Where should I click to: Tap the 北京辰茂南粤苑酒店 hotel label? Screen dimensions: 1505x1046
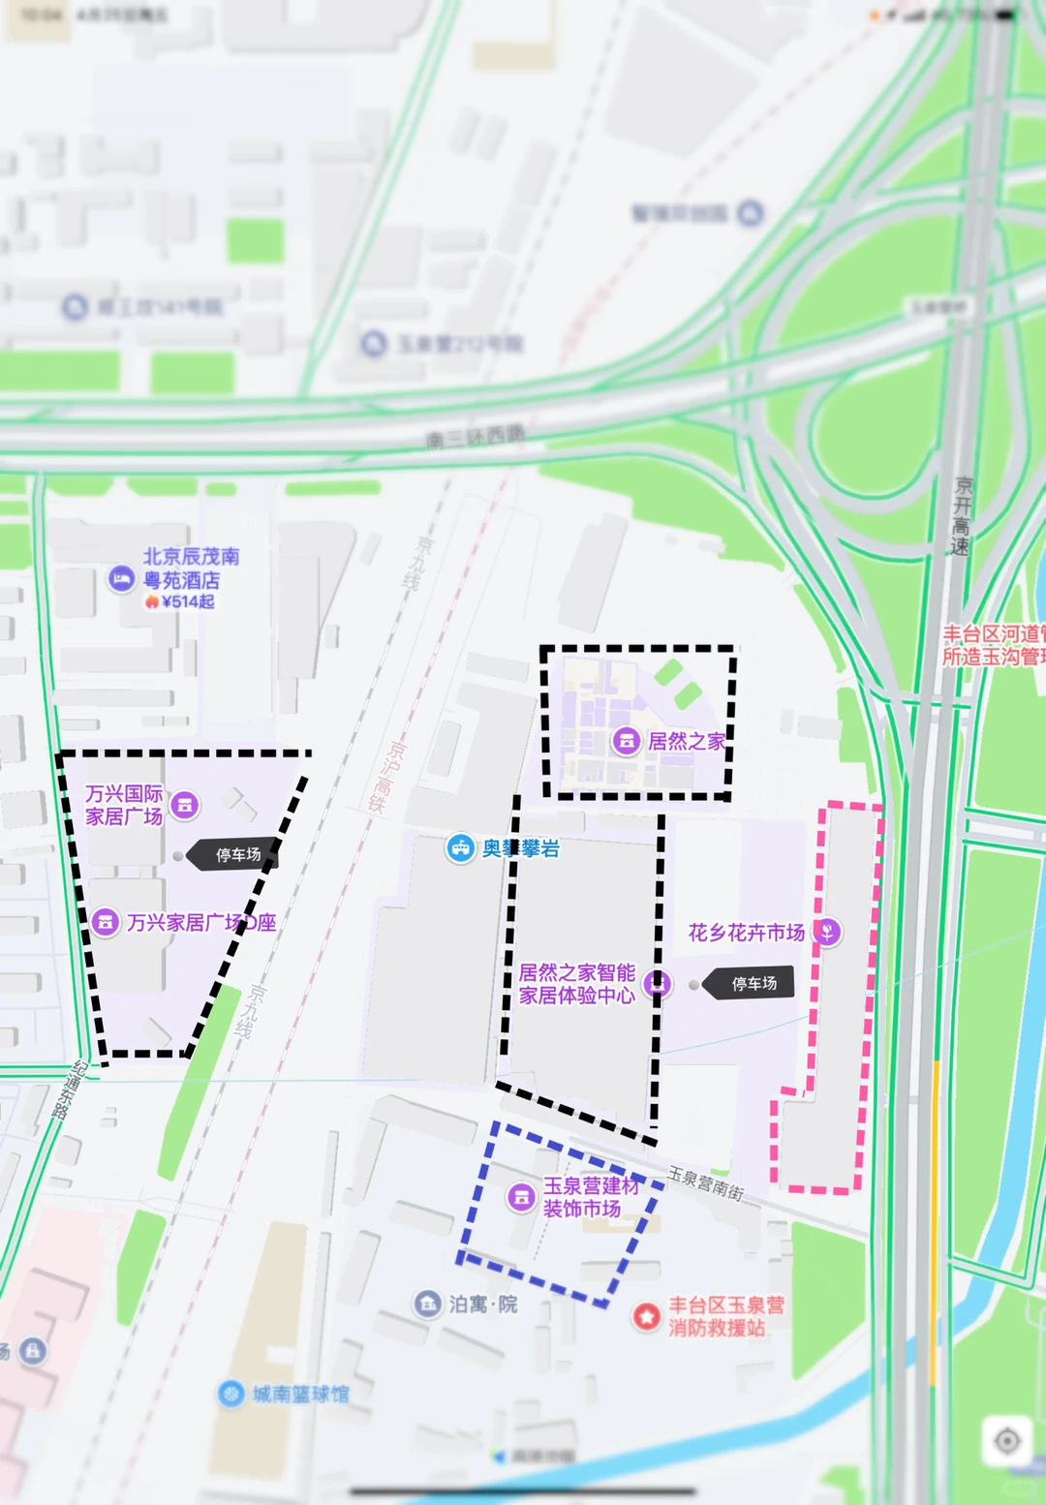[191, 568]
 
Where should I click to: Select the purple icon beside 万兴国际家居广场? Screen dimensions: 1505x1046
[185, 805]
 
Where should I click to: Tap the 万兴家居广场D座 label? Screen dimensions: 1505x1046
[201, 923]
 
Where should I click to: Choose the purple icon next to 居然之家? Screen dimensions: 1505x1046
[627, 742]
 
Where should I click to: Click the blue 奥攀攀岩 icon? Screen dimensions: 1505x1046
[460, 848]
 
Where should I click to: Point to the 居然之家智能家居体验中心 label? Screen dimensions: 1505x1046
[577, 984]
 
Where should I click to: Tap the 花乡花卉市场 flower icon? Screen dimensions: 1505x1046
[827, 932]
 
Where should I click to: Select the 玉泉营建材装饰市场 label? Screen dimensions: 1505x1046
[591, 1197]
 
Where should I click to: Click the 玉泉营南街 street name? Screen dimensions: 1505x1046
[706, 1183]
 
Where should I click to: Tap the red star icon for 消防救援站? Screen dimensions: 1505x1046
[647, 1316]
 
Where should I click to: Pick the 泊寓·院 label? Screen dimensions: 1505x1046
[482, 1305]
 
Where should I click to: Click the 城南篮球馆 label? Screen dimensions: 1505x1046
[300, 1394]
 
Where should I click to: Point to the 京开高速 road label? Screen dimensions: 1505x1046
[962, 515]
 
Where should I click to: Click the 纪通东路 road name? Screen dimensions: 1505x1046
[66, 1090]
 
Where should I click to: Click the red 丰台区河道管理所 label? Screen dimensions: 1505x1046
[994, 645]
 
